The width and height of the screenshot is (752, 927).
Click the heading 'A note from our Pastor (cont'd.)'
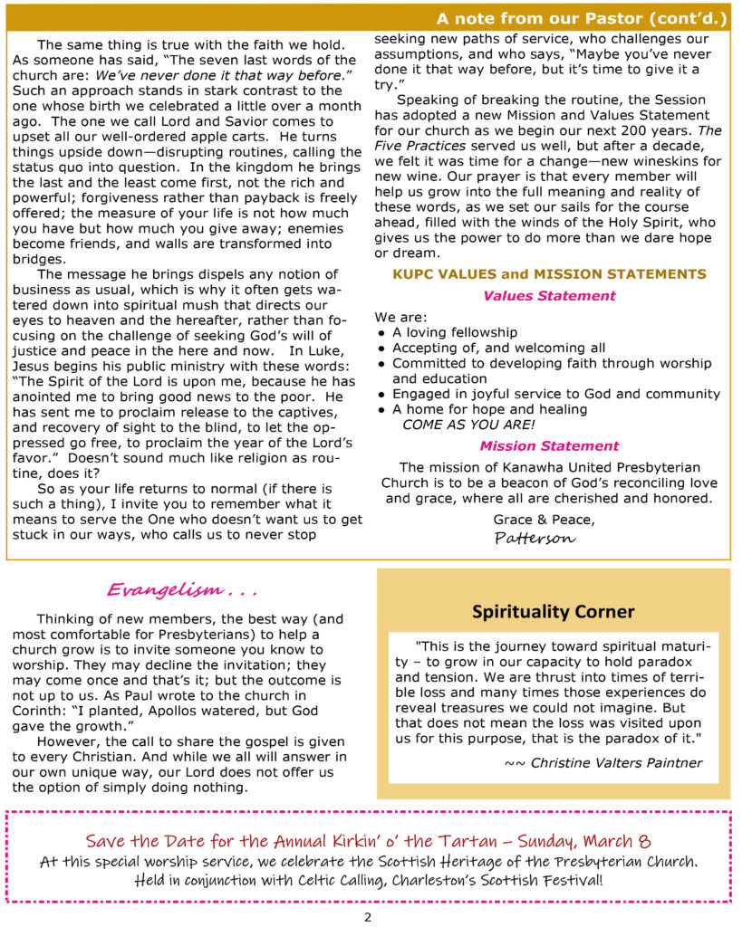point(581,18)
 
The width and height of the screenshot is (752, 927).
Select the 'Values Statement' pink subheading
point(549,295)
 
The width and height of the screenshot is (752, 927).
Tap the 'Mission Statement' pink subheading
point(549,445)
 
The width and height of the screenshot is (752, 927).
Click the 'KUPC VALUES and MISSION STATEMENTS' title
point(549,274)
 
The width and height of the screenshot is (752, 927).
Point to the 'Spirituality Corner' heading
point(553,612)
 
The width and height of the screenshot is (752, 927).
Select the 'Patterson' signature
point(535,538)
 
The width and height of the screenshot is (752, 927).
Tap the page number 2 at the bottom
point(368,916)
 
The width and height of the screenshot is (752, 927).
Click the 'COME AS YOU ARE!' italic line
point(468,424)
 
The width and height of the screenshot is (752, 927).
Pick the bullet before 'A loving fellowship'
point(381,333)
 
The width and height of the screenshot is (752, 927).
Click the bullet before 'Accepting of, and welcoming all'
point(381,349)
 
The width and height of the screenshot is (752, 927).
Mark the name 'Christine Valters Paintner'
point(616,762)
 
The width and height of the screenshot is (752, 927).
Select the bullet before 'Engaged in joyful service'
point(381,394)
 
